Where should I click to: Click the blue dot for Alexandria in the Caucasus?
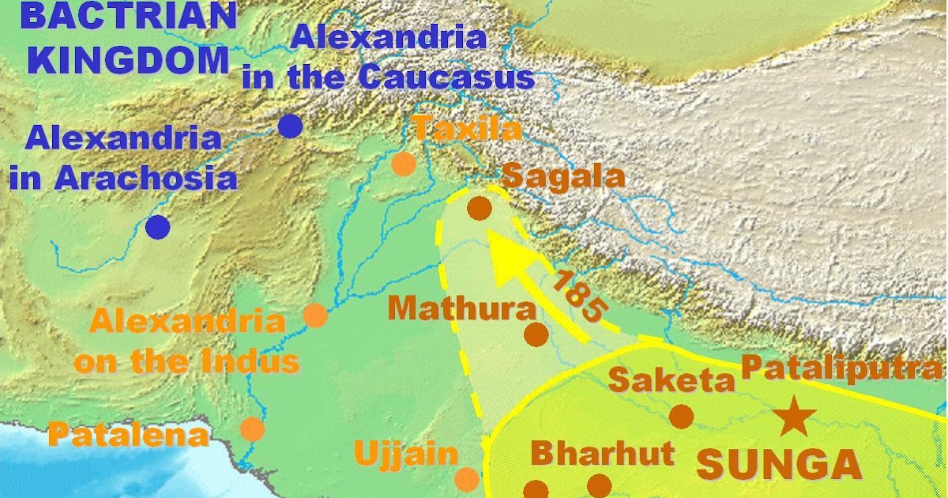pyautogui.click(x=291, y=126)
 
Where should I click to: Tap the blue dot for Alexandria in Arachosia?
pyautogui.click(x=158, y=227)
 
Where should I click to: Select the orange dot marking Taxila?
pyautogui.click(x=403, y=164)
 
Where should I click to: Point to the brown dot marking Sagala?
pyautogui.click(x=480, y=209)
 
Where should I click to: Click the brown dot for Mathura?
pyautogui.click(x=536, y=334)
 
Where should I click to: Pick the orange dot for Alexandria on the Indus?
pyautogui.click(x=315, y=315)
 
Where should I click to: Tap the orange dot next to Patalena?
pyautogui.click(x=252, y=428)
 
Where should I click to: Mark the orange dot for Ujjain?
pyautogui.click(x=467, y=479)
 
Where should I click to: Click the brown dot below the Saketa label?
pyautogui.click(x=681, y=416)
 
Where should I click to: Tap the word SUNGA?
pyautogui.click(x=778, y=465)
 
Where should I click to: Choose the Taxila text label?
pyautogui.click(x=467, y=127)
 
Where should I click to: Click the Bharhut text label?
pyautogui.click(x=603, y=454)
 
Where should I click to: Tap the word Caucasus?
pyautogui.click(x=446, y=77)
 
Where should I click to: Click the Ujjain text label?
pyautogui.click(x=406, y=454)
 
